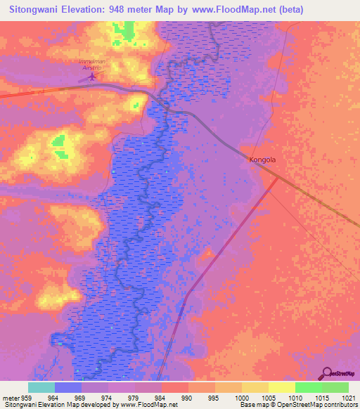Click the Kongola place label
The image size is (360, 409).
coord(262,160)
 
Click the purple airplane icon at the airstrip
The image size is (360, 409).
coord(91,76)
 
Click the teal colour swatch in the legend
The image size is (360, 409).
coord(41,387)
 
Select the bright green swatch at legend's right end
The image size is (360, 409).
coord(335,387)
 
